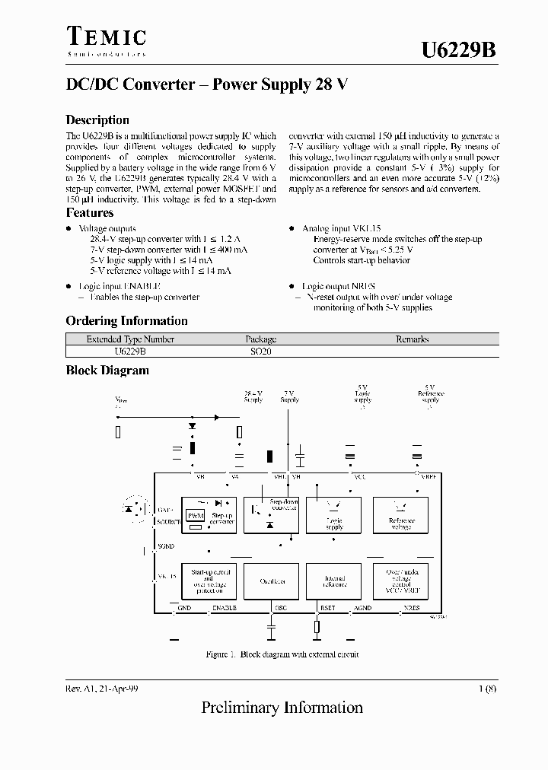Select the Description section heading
click(97, 120)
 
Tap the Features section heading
click(90, 213)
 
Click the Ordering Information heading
click(126, 321)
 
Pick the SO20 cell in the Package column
click(260, 352)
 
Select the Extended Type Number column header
click(130, 339)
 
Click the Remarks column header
click(412, 339)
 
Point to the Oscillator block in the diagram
click(272, 581)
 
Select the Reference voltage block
click(400, 515)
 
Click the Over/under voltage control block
click(400, 581)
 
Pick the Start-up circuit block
click(209, 581)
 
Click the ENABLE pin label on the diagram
click(224, 608)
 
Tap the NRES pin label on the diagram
click(411, 608)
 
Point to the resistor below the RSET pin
click(317, 627)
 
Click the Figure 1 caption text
click(282, 654)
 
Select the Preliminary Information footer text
click(282, 708)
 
